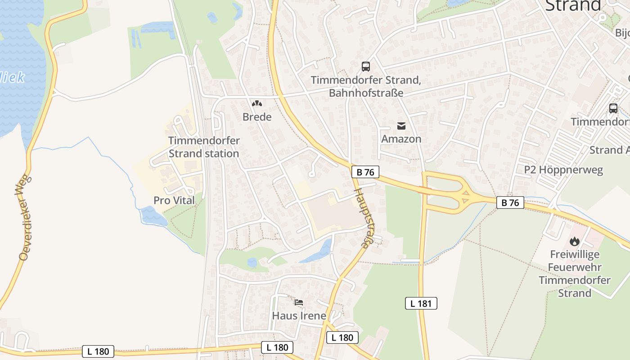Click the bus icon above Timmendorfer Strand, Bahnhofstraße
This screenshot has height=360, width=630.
366,67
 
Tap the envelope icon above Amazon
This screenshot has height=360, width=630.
401,126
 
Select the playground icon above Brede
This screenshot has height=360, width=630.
257,104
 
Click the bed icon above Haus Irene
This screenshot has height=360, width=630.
299,302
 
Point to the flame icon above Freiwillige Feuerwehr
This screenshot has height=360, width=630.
575,242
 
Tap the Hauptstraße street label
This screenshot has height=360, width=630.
364,217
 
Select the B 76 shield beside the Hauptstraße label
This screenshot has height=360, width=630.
365,172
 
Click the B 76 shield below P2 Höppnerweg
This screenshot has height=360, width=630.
510,202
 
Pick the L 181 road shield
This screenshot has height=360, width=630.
421,303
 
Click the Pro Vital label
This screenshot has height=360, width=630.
174,200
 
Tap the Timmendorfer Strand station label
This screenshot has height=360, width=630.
203,147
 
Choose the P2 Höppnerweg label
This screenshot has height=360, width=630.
563,170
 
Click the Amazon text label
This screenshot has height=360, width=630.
401,139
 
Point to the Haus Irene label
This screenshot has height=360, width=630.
299,315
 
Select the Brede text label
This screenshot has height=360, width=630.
257,117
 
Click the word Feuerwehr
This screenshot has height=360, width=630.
575,267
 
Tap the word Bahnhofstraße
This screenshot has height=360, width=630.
366,93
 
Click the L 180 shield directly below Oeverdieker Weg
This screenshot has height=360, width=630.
98,351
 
